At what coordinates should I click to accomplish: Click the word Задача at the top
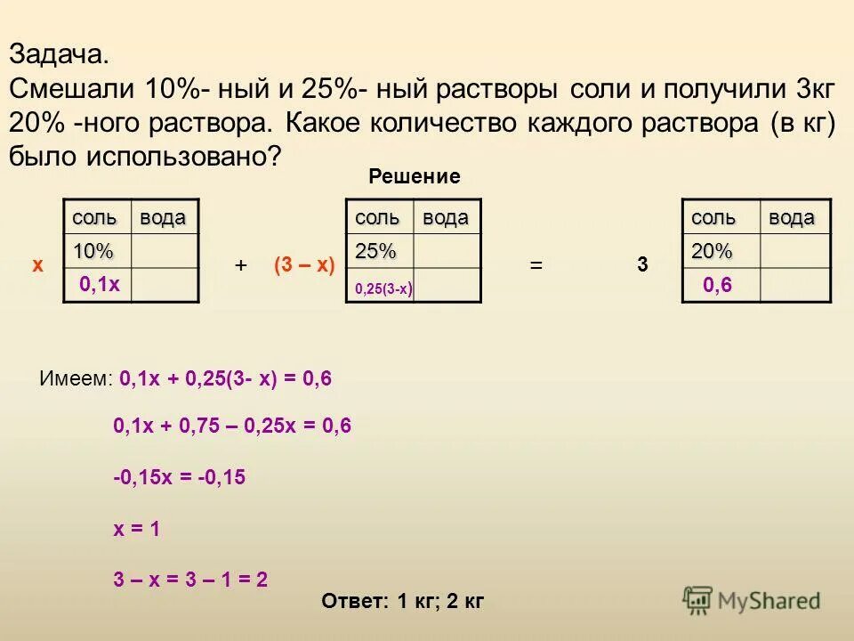coord(59,54)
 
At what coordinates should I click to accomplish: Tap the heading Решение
coord(415,177)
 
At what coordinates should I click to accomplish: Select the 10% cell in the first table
coord(93,252)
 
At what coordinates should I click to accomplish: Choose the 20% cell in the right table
coord(712,252)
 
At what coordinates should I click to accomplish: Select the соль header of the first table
coord(94,218)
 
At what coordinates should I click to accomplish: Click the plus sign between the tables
coord(240,265)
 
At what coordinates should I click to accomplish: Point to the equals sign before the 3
coord(536,265)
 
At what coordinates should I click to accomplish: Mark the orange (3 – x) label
coord(303,264)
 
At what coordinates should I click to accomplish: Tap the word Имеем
coord(75,379)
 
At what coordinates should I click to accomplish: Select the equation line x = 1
coord(136,529)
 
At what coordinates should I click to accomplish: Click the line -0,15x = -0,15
coord(179,477)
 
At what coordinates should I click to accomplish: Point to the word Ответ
coord(354,602)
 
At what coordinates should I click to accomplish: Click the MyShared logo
coord(752,601)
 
